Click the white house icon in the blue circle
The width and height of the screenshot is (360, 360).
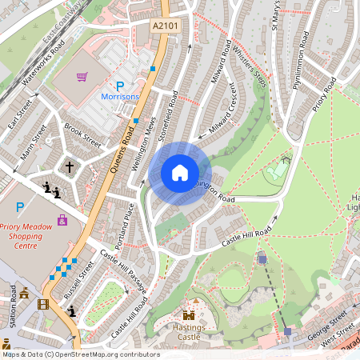180,173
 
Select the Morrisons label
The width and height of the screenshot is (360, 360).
120,97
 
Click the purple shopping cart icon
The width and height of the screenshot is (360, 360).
82,77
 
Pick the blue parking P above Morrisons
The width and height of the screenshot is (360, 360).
120,86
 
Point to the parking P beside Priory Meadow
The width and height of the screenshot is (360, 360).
20,206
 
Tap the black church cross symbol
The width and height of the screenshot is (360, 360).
70,167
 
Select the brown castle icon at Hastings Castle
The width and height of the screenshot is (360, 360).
190,315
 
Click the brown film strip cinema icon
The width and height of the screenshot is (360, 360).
43,303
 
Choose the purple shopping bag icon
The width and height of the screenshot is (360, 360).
62,219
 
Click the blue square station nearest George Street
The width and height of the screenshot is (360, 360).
287,330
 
